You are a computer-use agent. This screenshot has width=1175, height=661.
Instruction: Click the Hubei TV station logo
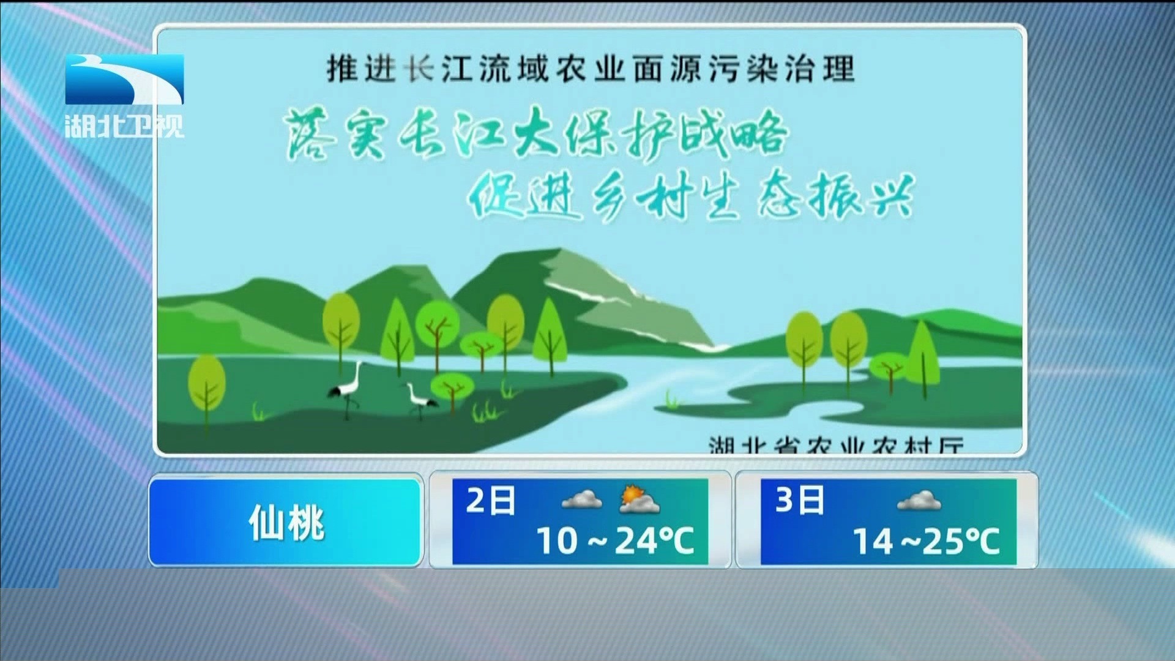pos(124,95)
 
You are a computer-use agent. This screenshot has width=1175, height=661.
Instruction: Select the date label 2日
pos(490,501)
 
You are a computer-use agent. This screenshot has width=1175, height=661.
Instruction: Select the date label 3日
pos(799,501)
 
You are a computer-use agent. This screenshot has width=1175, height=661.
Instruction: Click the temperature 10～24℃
pos(615,541)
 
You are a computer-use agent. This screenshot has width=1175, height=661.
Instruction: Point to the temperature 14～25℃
pos(925,541)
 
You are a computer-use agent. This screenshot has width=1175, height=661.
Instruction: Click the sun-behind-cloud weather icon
pos(639,499)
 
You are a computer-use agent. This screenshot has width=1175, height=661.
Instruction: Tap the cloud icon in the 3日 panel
pos(919,501)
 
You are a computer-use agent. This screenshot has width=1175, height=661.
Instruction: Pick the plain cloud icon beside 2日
pos(581,499)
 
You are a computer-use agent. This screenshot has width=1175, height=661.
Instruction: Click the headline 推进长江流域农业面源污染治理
pos(590,69)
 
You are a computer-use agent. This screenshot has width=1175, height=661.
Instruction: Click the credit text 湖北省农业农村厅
pos(836,445)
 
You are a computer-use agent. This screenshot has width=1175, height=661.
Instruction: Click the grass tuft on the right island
pos(672,400)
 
